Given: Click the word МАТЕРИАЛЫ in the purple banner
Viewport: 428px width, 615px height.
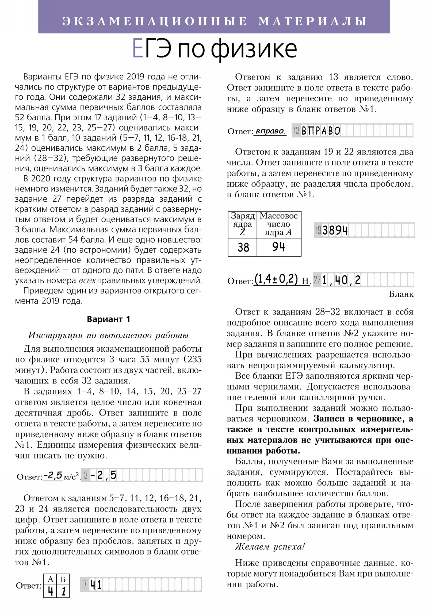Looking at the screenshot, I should [312, 21].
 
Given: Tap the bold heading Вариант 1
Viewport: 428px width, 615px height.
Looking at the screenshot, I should [108, 319].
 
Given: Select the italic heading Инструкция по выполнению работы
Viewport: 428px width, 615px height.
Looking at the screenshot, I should [108, 335].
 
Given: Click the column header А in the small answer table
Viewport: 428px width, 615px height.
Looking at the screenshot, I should [50, 579].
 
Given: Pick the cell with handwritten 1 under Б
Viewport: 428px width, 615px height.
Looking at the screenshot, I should [63, 591].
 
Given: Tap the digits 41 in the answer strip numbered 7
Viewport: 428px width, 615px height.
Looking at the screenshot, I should [96, 585].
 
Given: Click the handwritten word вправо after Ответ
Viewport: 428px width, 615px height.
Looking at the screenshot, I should [270, 131].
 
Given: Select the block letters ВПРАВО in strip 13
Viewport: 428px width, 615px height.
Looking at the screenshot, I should [320, 131].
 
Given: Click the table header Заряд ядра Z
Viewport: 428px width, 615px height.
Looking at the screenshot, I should [242, 224].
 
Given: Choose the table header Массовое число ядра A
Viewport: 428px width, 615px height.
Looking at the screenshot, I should [278, 224].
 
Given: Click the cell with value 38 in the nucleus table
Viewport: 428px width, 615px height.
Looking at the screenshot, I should [243, 247].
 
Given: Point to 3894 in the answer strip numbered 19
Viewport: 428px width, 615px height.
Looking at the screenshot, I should [335, 230].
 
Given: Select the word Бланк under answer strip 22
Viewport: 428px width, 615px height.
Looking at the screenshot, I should [401, 294].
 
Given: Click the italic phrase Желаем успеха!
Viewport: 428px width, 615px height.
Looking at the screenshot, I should [270, 547].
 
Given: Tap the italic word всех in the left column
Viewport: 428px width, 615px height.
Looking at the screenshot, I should [87, 280].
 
